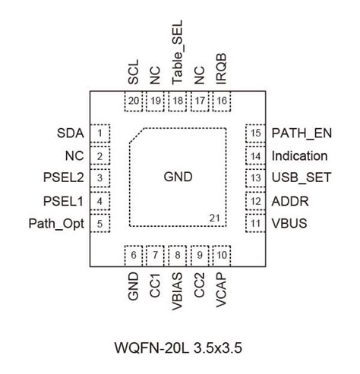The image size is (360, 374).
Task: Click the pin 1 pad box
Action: click(100, 134)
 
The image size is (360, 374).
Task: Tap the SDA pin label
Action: click(70, 134)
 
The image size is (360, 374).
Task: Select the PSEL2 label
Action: click(64, 179)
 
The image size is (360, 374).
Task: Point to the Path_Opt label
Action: click(56, 224)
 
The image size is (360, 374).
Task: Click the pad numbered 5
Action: click(100, 224)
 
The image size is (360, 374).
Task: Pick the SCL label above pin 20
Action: click(134, 73)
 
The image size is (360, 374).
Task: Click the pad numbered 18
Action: click(178, 101)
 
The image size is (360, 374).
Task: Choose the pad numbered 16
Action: click(222, 101)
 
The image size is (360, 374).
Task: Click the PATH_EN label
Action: click(302, 134)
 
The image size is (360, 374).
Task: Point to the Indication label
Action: click(299, 156)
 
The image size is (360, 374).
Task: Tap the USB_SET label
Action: click(300, 179)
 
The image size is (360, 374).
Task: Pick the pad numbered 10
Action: click(222, 256)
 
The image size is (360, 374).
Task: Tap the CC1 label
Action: click(156, 284)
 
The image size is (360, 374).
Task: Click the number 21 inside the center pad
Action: click(215, 218)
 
